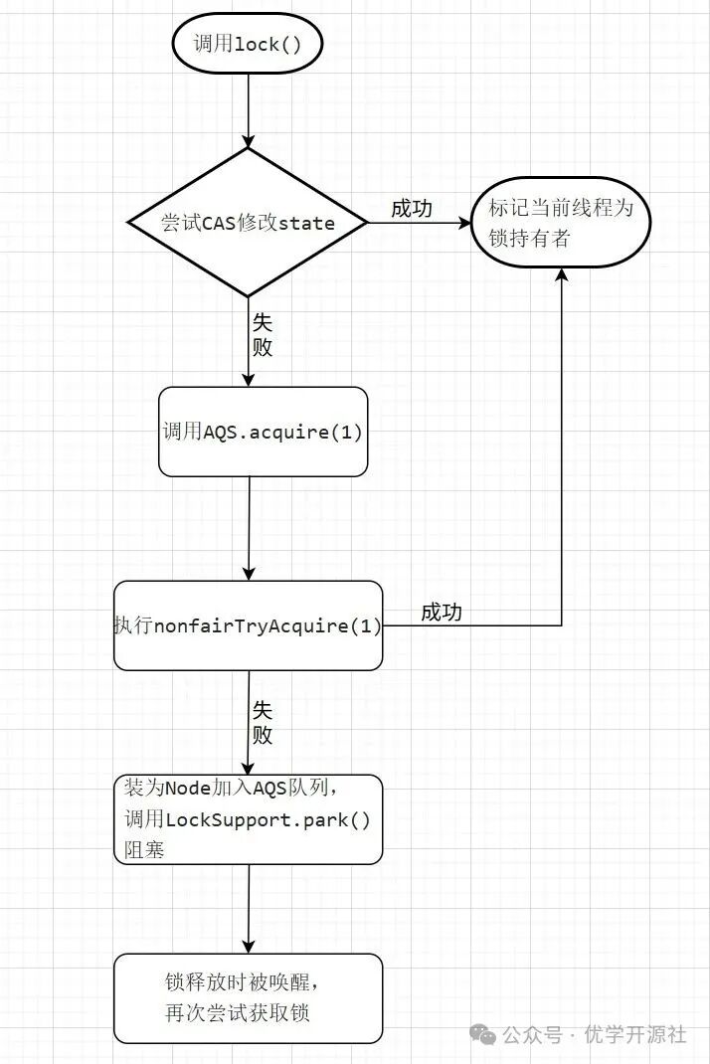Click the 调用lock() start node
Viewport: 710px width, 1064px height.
[249, 44]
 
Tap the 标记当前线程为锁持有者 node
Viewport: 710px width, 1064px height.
[562, 224]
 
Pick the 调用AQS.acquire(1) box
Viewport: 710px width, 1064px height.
[263, 432]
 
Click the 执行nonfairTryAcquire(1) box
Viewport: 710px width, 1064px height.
[248, 625]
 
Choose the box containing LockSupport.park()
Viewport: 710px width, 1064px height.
[248, 819]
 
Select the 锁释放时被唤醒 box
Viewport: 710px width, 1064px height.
[248, 998]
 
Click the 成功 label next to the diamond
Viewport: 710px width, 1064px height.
[412, 208]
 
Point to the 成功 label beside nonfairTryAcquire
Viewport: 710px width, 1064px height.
[442, 613]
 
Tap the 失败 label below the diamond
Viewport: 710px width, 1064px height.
[263, 335]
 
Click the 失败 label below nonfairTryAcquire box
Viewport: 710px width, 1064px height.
[263, 723]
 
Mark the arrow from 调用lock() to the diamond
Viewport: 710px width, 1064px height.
[249, 109]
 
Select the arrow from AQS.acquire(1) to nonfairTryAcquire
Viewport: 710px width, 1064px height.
[249, 528]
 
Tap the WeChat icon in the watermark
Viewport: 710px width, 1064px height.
[484, 1034]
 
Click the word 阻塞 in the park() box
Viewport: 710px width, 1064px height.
[144, 850]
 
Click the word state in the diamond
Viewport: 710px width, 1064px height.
[306, 223]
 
